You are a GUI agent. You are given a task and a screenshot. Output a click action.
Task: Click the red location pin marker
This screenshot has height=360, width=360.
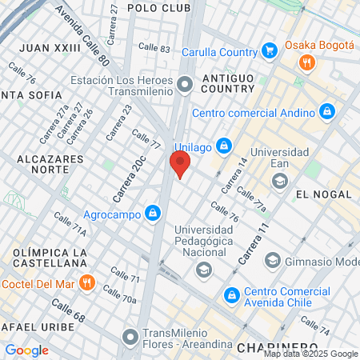click(180, 166)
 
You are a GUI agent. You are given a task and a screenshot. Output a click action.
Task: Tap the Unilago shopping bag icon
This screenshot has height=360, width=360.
click(225, 146)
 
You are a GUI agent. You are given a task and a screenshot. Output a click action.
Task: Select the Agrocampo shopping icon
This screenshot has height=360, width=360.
click(152, 214)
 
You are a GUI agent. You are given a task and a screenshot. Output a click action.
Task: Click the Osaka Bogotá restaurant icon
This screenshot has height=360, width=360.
click(305, 63)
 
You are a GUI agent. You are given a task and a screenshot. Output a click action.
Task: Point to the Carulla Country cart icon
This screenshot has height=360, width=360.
click(270, 52)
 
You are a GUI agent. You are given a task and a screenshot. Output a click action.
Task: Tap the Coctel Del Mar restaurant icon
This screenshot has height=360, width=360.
click(87, 282)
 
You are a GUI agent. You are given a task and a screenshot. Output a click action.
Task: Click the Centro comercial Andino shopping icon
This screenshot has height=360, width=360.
click(326, 111)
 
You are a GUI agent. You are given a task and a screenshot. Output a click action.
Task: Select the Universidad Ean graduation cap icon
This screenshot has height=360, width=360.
click(279, 181)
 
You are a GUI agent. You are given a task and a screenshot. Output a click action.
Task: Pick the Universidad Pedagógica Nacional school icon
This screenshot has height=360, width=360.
click(203, 269)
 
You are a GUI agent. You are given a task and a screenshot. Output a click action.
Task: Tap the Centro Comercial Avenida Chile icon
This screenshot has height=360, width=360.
click(232, 295)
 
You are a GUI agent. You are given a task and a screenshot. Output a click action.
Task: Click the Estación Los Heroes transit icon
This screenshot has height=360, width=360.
click(185, 83)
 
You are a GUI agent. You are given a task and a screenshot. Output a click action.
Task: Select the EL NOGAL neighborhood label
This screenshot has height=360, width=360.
click(323, 194)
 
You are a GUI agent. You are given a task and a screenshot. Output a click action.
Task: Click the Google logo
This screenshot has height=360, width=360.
click(26, 350)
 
